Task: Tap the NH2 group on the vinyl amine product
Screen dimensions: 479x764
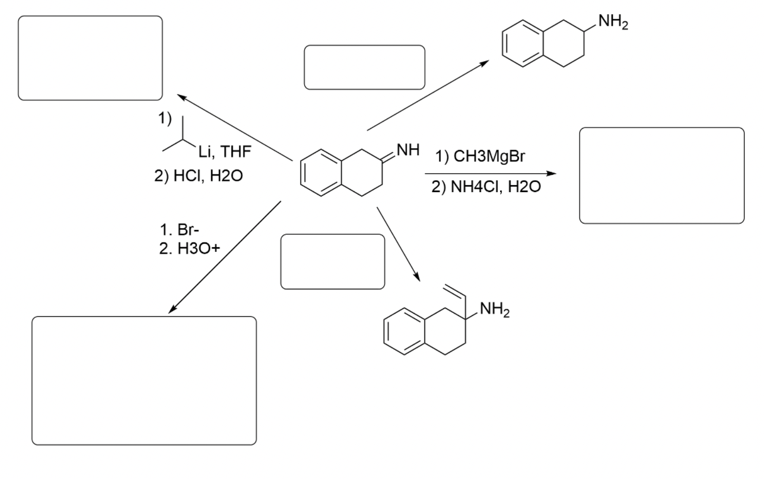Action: point(494,309)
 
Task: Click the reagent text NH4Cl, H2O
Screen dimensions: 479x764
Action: point(488,188)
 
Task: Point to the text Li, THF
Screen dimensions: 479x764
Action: point(225,152)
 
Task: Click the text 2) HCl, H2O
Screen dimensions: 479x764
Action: point(198,176)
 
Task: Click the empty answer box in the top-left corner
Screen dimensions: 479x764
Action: point(90,58)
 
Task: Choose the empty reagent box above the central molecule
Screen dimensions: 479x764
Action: point(364,68)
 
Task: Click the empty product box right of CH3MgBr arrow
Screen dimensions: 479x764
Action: point(661,175)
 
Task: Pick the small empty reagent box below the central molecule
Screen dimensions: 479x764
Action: point(333,261)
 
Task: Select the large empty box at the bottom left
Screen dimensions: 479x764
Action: point(144,381)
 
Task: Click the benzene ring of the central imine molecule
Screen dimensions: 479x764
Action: point(321,175)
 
